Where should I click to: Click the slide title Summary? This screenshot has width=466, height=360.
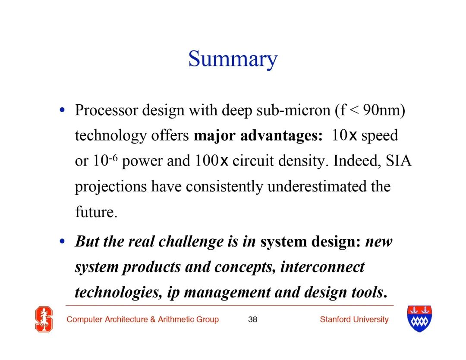(233, 59)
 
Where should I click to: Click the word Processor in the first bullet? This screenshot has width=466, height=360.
(107, 110)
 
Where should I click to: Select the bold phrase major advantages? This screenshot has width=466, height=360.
(258, 136)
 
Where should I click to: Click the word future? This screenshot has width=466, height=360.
(96, 212)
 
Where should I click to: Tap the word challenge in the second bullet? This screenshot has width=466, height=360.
(191, 241)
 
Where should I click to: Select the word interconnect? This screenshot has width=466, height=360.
(322, 267)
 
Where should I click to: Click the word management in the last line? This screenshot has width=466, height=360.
(227, 293)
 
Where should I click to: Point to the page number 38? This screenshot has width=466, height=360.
(252, 319)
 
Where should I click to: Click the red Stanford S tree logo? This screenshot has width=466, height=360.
(44, 319)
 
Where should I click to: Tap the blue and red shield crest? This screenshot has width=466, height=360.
(419, 319)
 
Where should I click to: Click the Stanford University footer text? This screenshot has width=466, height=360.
(354, 319)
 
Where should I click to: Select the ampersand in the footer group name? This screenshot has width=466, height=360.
(153, 319)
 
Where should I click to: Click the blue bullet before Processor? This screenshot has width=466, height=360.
(62, 110)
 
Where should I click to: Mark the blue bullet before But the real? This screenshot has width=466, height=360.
(62, 241)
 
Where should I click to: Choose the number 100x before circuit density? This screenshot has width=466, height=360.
(211, 161)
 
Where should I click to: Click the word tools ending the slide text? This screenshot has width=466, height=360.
(368, 293)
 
